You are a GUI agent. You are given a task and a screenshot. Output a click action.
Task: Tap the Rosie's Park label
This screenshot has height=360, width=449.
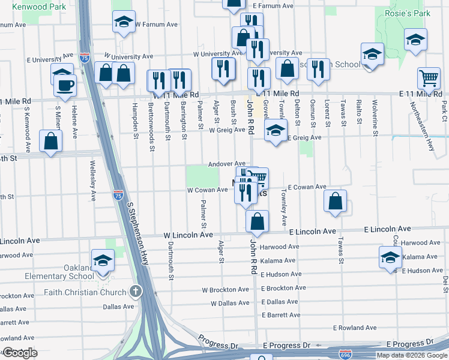coord(409,13)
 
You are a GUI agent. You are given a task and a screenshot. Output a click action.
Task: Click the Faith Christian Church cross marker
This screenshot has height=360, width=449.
coord(137,292)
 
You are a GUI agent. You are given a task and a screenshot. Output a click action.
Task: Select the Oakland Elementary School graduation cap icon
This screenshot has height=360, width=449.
coord(103,260)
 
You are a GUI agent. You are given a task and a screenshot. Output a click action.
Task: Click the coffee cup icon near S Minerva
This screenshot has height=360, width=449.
coord(65,85)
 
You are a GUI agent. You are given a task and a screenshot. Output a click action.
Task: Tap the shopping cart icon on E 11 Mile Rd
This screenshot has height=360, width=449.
coord(429,77)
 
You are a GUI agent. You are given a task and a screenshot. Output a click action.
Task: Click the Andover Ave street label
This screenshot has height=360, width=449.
coord(227,164)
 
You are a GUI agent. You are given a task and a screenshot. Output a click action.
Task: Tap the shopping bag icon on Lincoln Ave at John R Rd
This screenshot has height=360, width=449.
coord(257,221)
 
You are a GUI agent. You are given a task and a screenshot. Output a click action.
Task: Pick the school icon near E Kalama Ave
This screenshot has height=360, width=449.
coord(390,257)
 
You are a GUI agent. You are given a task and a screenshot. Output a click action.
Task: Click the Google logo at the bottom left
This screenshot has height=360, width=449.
coord(20,353)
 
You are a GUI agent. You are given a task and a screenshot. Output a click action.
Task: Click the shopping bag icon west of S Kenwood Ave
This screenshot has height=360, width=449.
coord(51,141)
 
